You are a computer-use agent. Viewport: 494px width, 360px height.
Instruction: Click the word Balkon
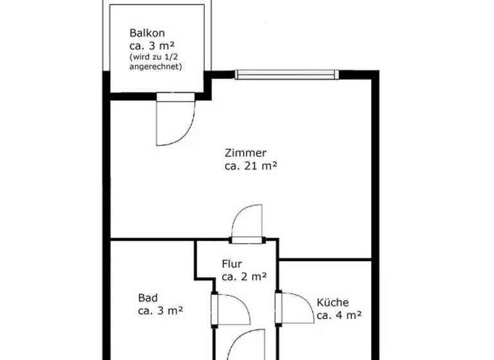149,33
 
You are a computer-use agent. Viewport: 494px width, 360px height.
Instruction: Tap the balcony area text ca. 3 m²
152,46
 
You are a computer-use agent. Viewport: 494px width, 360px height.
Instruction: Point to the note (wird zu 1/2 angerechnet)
155,62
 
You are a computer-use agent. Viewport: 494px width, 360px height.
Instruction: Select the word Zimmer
245,153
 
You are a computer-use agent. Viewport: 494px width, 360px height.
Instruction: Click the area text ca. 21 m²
251,166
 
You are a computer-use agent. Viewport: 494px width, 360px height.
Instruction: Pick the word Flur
232,264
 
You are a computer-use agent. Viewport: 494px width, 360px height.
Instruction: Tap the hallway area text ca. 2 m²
244,276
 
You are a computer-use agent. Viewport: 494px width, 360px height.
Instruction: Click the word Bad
147,298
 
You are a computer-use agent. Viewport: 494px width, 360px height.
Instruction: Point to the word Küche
333,302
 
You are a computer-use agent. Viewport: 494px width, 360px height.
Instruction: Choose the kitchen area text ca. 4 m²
339,315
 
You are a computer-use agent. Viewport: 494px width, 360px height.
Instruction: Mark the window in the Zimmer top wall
286,75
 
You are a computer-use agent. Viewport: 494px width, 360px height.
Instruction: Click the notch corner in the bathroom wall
197,278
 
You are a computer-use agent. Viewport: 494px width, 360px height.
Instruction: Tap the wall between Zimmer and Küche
325,260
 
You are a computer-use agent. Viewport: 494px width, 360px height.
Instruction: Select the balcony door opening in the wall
175,97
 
